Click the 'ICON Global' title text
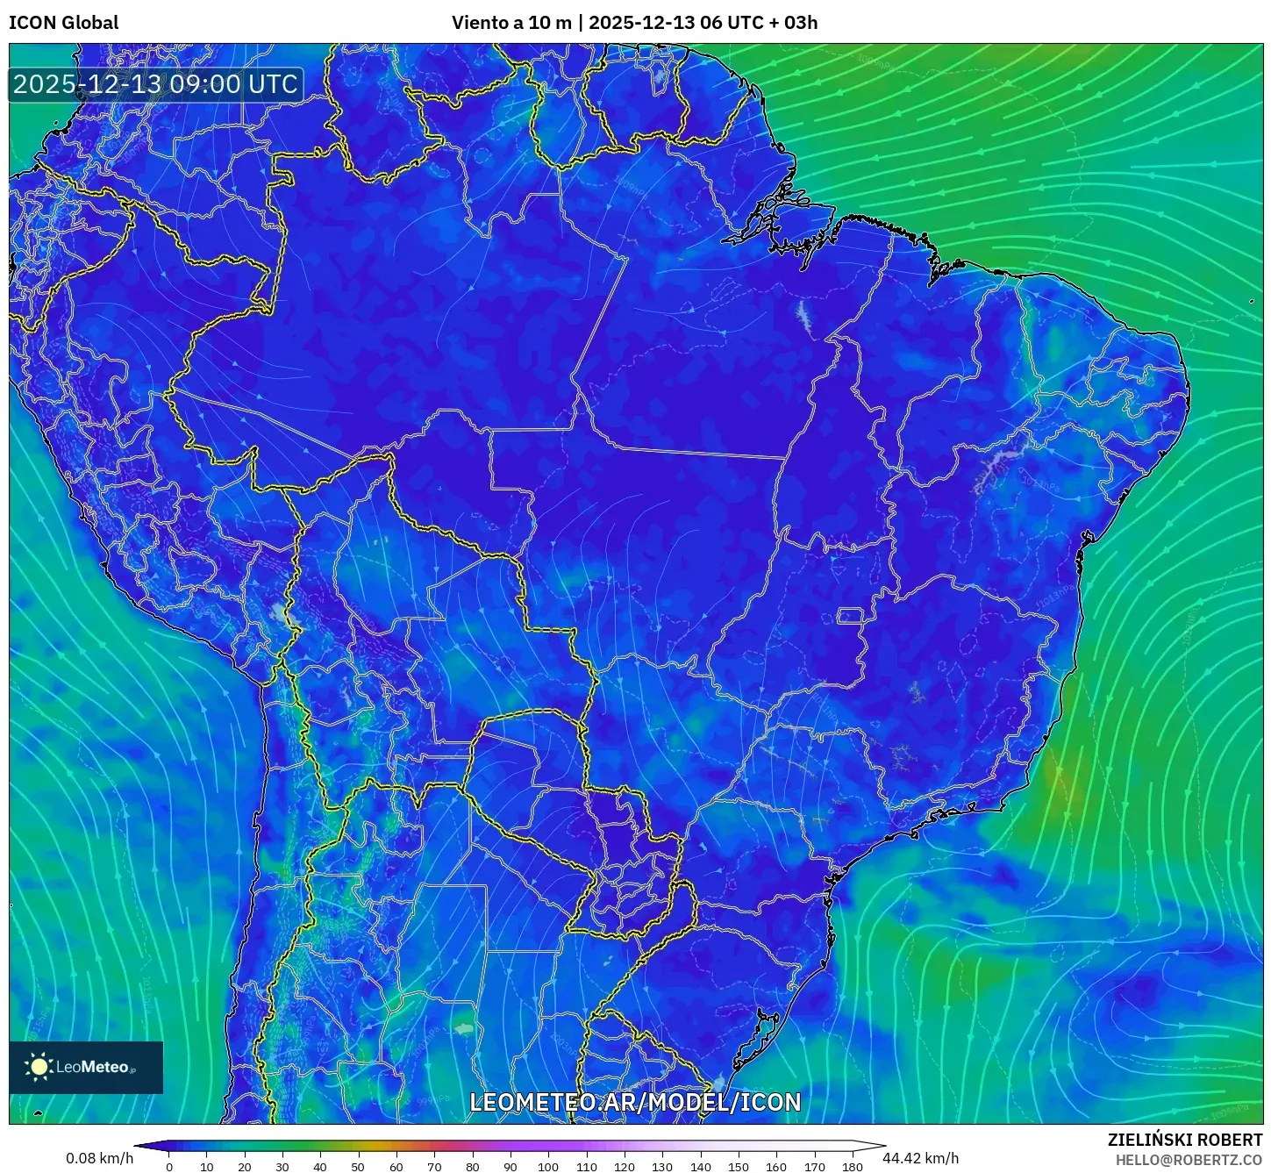click(x=63, y=23)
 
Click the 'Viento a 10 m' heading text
click(x=511, y=23)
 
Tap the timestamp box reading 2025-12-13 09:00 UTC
click(x=155, y=84)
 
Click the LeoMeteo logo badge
click(x=86, y=1067)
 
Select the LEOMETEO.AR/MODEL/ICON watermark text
click(x=635, y=1102)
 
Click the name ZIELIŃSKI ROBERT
click(x=1184, y=1140)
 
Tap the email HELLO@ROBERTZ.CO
click(x=1189, y=1160)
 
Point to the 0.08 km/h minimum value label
click(x=99, y=1158)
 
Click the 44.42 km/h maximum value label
click(x=920, y=1158)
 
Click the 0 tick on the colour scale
click(x=169, y=1167)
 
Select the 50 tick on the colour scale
click(x=359, y=1167)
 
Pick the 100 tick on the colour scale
click(x=548, y=1167)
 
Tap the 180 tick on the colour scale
click(x=852, y=1167)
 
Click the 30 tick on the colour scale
click(x=282, y=1167)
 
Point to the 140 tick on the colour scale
click(x=700, y=1167)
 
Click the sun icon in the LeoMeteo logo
click(x=39, y=1067)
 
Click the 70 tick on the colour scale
click(x=434, y=1167)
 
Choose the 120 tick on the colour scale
click(x=625, y=1167)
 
